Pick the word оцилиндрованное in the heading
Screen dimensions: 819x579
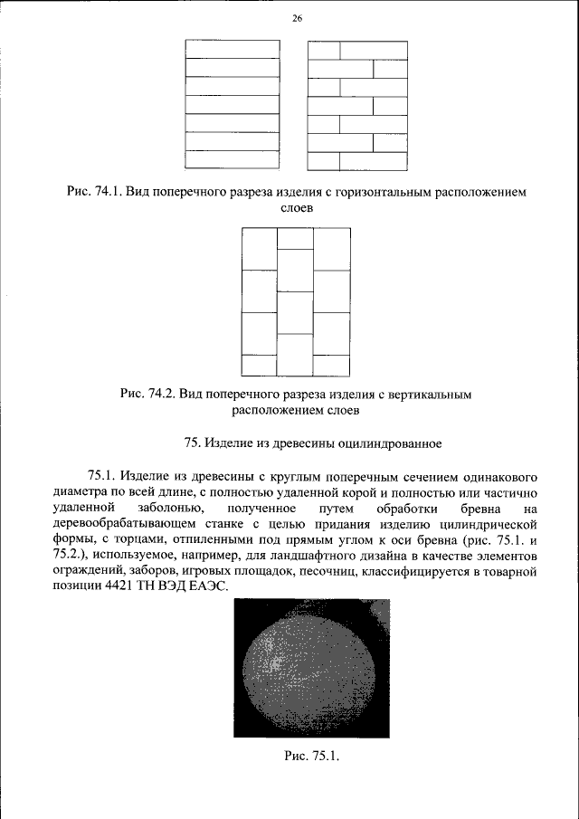390,443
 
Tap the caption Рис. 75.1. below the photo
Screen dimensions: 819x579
311,757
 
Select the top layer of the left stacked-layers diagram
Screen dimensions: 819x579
232,49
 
